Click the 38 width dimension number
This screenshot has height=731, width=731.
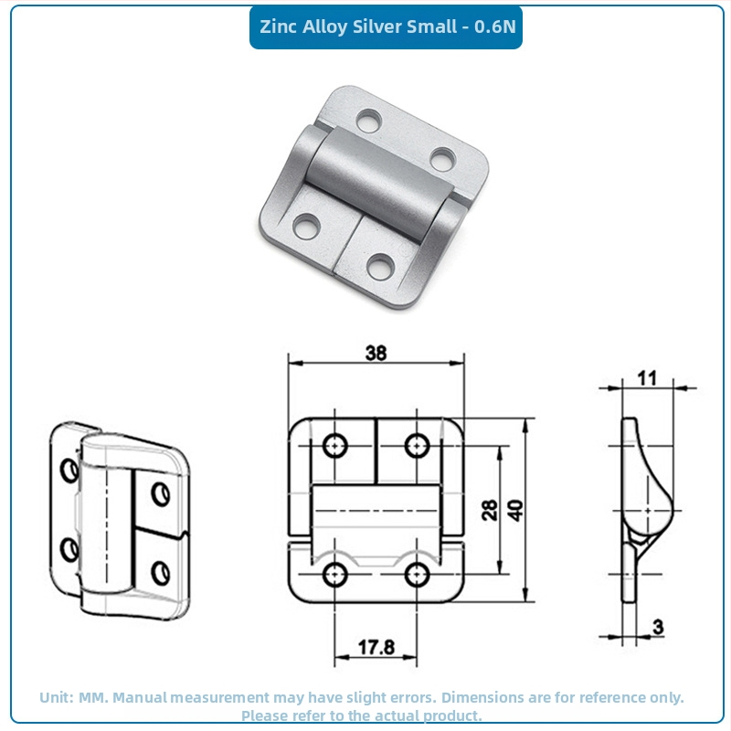coord(376,353)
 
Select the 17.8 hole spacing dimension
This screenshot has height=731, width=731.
coord(376,647)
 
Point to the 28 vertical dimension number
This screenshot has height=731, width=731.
coord(490,510)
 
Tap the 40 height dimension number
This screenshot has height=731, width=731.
coord(515,510)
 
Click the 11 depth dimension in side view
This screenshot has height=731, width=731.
coord(647,378)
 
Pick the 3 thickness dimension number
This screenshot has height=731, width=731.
coord(658,627)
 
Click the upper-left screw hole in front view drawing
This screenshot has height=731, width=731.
coord(334,445)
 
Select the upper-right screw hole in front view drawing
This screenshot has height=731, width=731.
coord(417,445)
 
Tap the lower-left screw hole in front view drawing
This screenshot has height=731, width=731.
coord(334,575)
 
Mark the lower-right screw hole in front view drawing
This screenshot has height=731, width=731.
coord(417,575)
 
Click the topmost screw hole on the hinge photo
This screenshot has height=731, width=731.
coord(369,120)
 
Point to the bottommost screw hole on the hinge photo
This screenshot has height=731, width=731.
coord(380,267)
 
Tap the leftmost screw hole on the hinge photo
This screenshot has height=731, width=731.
coord(306,226)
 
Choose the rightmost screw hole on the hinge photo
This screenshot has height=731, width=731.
coord(442,159)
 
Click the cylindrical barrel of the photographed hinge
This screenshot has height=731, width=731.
coord(379,184)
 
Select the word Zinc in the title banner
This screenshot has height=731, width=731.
coord(279,26)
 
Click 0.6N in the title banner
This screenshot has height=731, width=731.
coord(495,26)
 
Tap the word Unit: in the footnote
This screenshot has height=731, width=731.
coord(57,697)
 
